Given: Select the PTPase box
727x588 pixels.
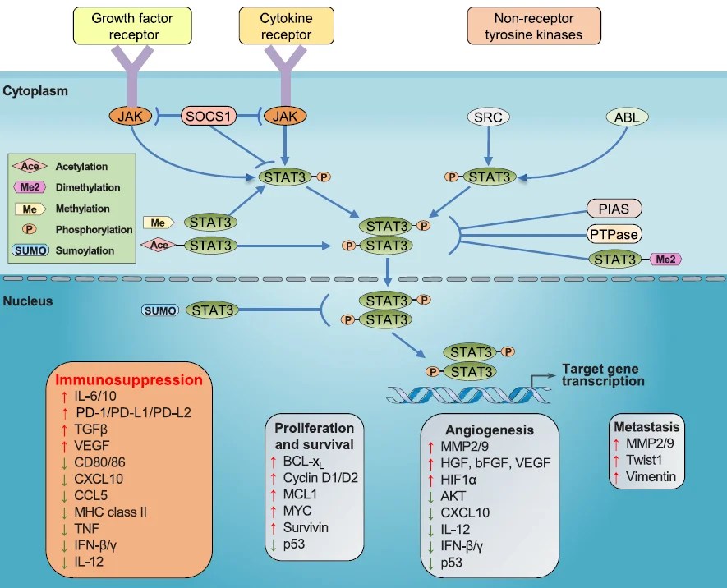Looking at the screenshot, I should coord(614,234).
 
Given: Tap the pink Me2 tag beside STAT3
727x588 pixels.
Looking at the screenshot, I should coord(665,260).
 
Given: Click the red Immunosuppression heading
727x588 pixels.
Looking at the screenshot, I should coord(128,381).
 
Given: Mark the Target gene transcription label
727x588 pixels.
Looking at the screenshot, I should coord(603,375).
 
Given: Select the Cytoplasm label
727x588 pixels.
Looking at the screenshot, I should coord(35,90).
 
